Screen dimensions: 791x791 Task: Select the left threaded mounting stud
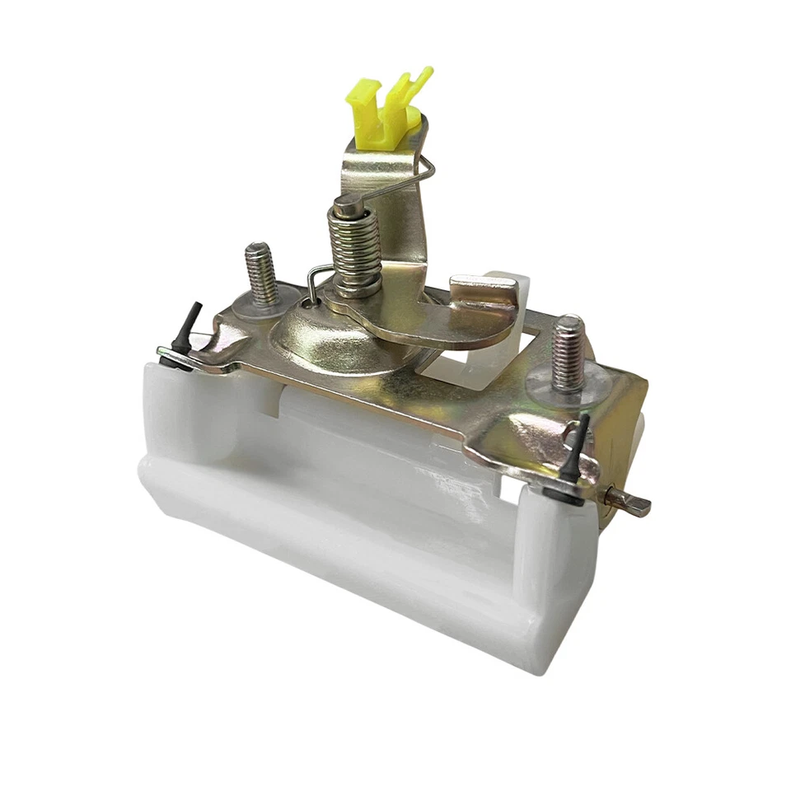point(260,272)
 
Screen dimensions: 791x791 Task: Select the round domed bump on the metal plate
point(325,338)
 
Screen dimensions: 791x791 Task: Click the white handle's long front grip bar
point(346,527)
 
